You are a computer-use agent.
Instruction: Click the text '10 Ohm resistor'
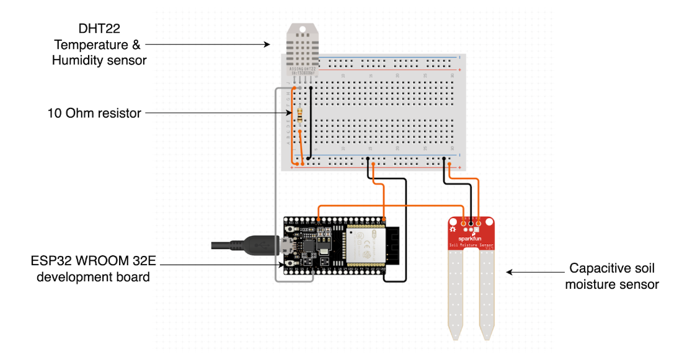(94, 113)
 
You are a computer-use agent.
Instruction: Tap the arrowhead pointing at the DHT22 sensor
(268, 44)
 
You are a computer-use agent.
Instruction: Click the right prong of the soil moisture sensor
(487, 291)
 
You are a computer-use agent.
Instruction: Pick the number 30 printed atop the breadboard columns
(453, 74)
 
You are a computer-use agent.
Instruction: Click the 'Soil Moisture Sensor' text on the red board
(471, 246)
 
